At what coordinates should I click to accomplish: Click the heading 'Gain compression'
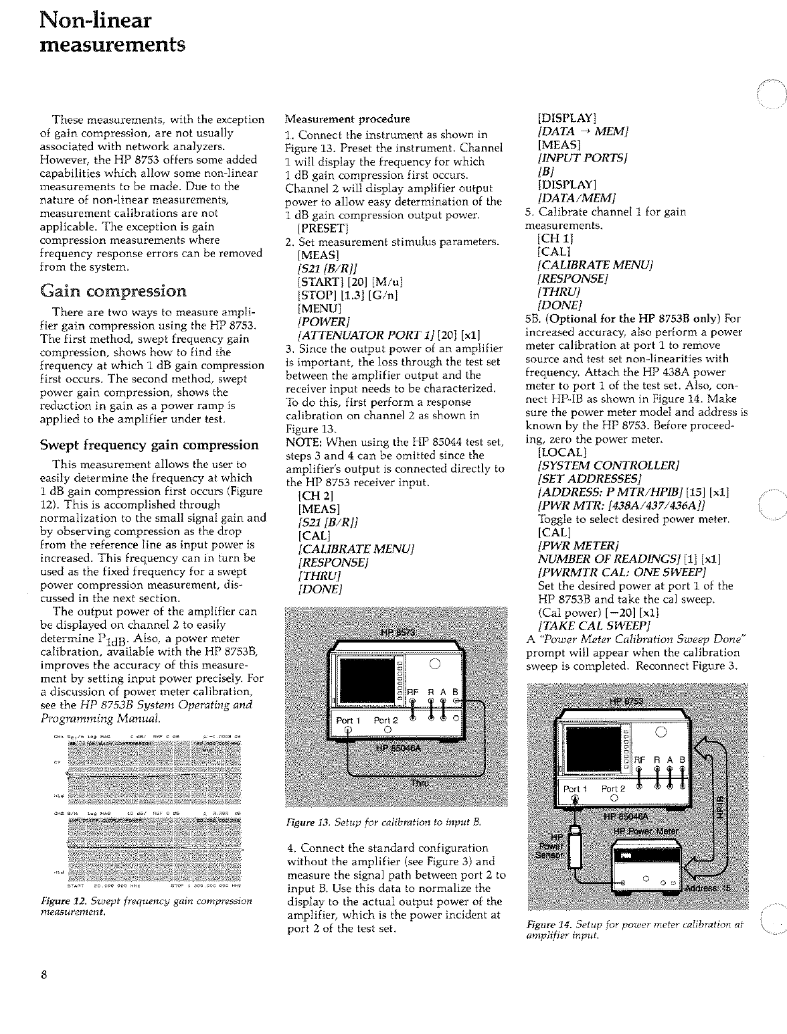click(x=113, y=291)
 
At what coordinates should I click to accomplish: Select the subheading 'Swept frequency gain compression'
click(x=149, y=445)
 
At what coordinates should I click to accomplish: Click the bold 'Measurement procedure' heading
click(x=347, y=119)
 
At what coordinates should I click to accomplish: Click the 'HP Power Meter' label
click(x=646, y=831)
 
